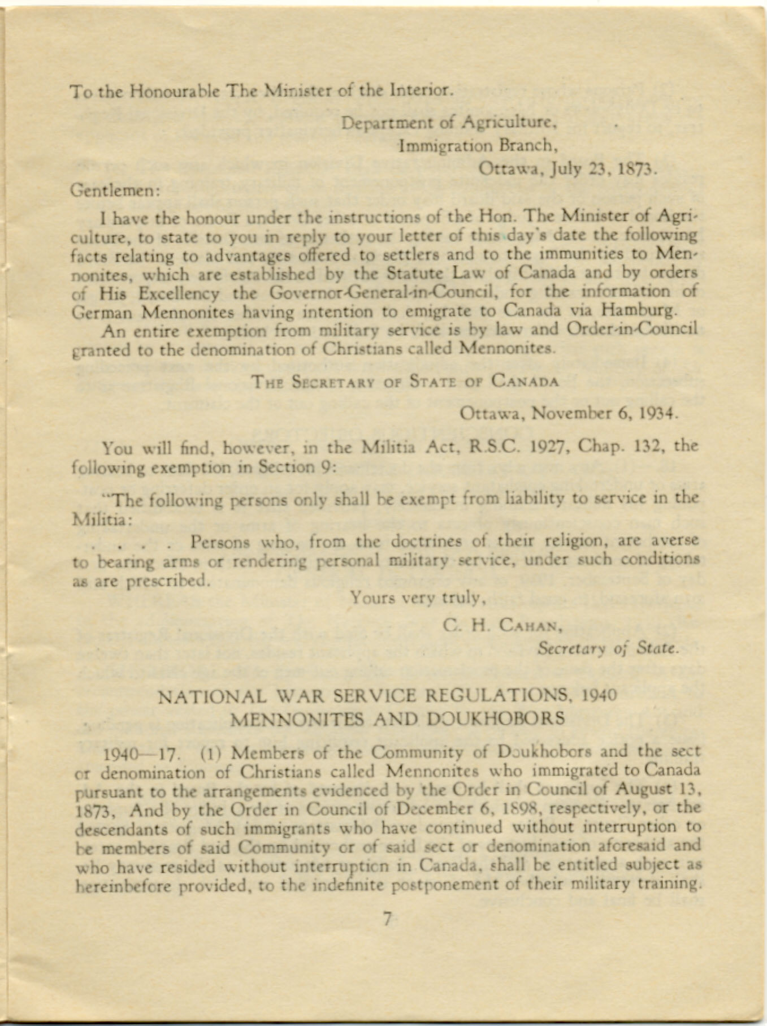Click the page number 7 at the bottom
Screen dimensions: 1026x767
387,919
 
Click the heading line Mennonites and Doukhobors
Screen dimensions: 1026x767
398,718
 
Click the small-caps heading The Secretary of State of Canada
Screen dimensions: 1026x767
405,382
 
